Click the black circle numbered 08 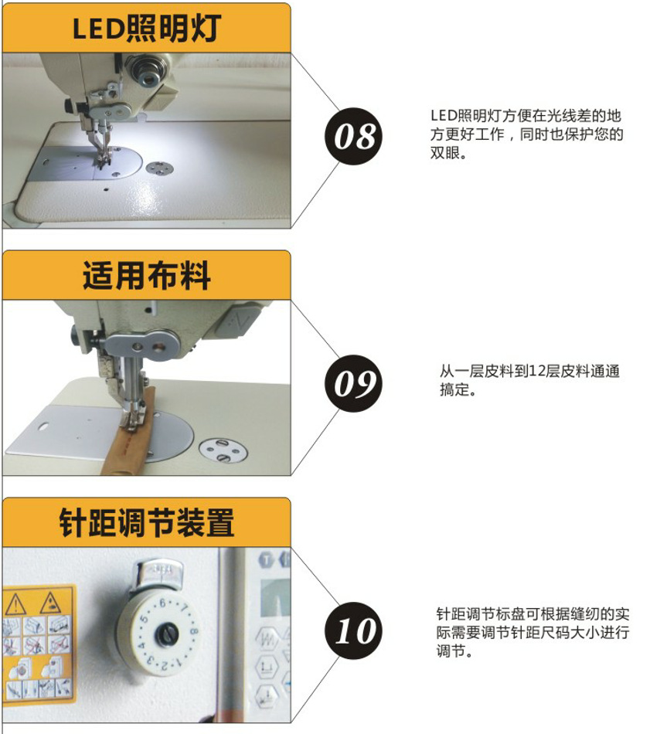[353, 136]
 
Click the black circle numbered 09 [353, 383]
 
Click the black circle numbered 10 [353, 630]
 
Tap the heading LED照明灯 [147, 28]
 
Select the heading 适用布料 [147, 275]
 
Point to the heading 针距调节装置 [147, 522]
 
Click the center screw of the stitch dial [168, 634]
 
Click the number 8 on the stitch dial [193, 632]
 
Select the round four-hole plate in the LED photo [159, 168]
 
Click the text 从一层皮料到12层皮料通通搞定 [529, 380]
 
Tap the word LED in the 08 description [443, 115]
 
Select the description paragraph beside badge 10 [532, 632]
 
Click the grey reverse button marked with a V [240, 321]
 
